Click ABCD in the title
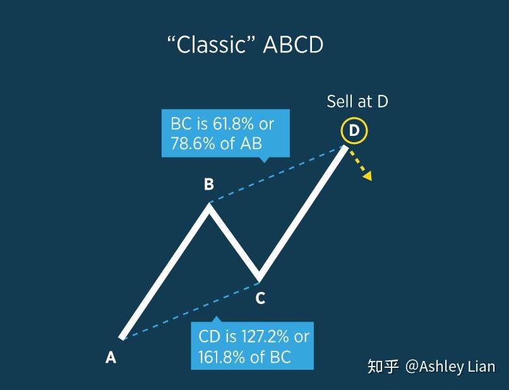[293, 46]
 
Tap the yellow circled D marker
[354, 131]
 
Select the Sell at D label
[357, 101]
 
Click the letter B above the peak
[208, 185]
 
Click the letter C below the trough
[260, 298]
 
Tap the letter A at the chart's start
[111, 358]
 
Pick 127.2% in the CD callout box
[262, 336]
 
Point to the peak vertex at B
[208, 205]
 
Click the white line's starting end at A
[123, 337]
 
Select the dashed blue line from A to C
[189, 308]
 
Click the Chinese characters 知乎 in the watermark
[383, 367]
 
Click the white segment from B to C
[234, 242]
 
